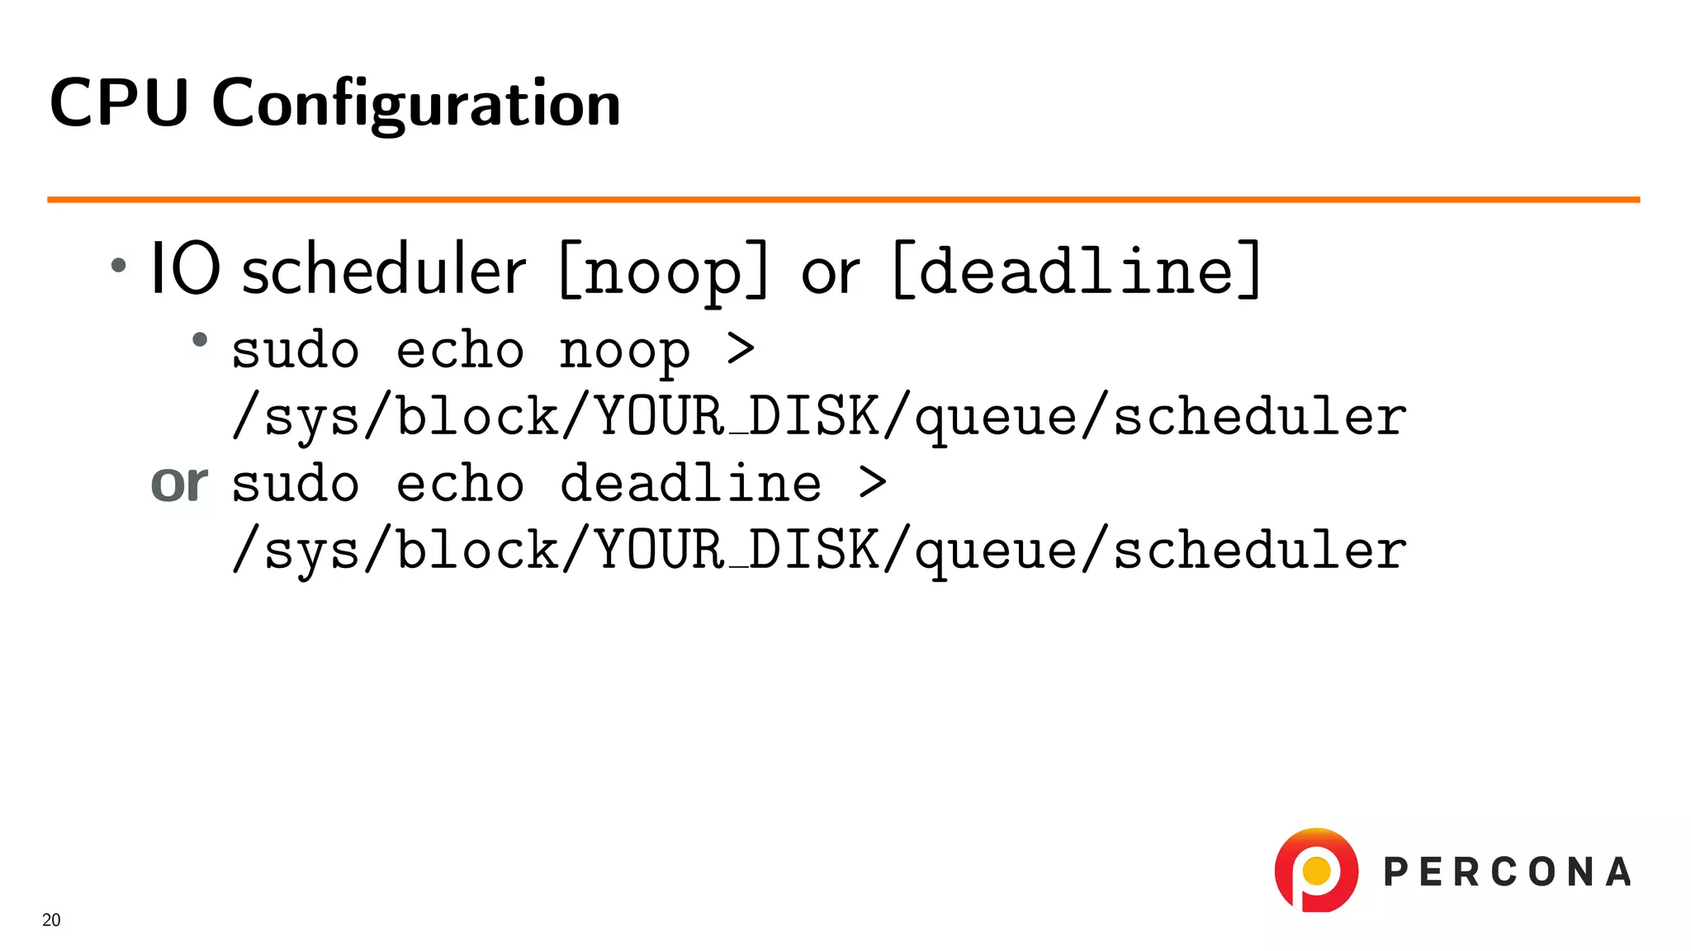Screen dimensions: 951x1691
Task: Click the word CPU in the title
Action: [x=119, y=102]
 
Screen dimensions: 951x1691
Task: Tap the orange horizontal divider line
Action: [x=842, y=199]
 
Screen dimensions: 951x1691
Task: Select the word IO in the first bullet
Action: [x=185, y=269]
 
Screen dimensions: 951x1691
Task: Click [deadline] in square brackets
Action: [x=1077, y=271]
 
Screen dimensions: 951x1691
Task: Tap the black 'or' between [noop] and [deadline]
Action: [x=830, y=272]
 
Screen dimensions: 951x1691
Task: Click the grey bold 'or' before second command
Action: [x=179, y=483]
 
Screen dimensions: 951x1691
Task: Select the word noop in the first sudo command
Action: [x=624, y=352]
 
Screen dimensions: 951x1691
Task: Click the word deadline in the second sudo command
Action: [x=690, y=483]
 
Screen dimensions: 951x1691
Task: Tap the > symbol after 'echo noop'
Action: [x=741, y=348]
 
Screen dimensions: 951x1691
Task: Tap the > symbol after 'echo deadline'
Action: [x=872, y=482]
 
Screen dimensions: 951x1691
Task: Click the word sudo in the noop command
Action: [x=295, y=350]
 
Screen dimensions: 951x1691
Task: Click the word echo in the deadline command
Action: [x=460, y=483]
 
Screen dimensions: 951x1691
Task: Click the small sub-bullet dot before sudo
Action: [x=199, y=339]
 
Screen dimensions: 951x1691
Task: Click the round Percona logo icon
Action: [x=1316, y=870]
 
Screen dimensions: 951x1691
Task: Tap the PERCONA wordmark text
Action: [x=1507, y=872]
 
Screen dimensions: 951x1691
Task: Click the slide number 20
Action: [x=51, y=920]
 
